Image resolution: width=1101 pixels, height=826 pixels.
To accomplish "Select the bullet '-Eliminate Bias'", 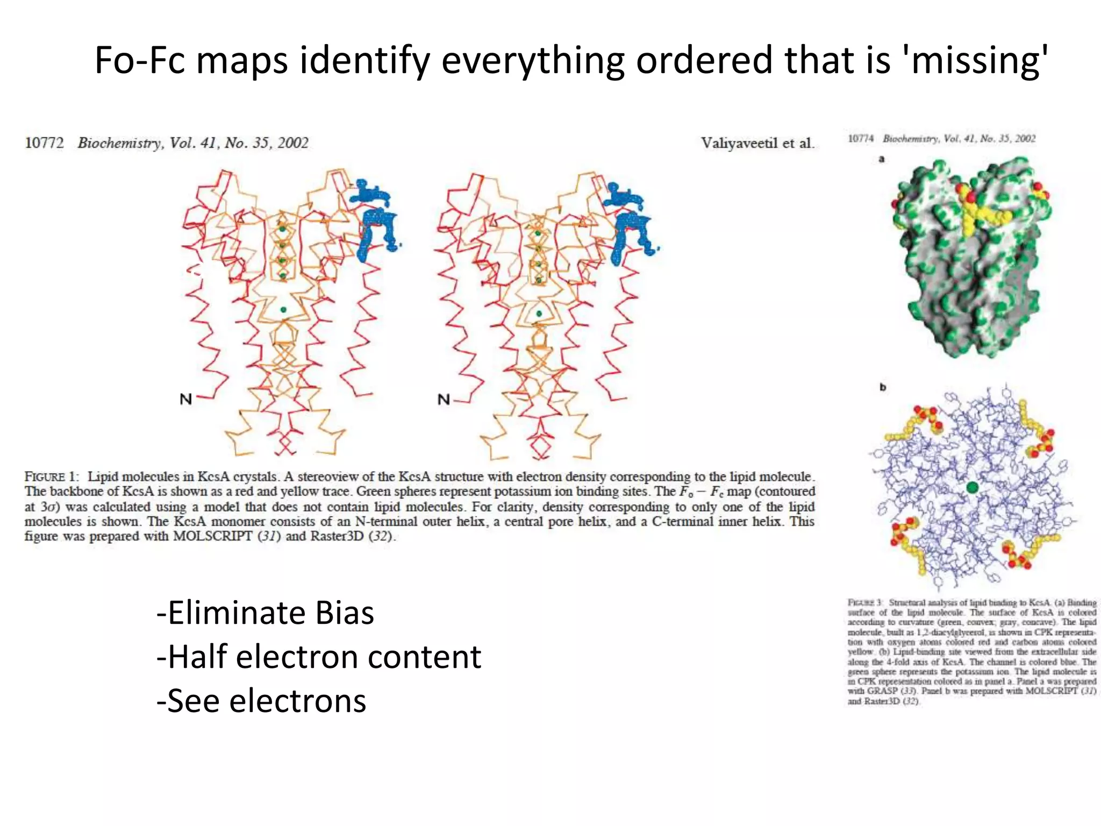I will [265, 613].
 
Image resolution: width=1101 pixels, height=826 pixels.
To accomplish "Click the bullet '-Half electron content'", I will [319, 657].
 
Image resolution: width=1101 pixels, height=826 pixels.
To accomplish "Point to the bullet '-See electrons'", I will [261, 701].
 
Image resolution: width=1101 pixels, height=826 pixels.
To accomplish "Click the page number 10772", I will [44, 143].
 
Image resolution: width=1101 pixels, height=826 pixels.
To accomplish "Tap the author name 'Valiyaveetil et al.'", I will [757, 143].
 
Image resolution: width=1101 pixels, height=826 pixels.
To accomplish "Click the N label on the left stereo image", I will [185, 400].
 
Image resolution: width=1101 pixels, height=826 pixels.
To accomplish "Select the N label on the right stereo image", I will [444, 400].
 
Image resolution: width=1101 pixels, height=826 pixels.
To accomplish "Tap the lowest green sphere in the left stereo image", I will [283, 310].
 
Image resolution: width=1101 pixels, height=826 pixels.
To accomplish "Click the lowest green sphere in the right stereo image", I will [539, 314].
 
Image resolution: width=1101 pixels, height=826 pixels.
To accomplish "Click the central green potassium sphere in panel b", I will [971, 488].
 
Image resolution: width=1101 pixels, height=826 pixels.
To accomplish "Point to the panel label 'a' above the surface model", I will [882, 159].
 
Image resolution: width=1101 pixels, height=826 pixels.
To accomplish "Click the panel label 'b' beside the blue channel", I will [882, 387].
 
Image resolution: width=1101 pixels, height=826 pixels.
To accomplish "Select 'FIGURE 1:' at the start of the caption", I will [52, 477].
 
